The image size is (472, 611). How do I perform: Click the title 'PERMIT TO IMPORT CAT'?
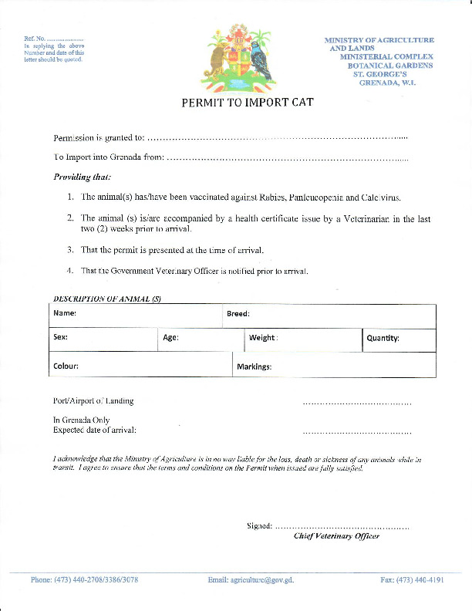[247, 103]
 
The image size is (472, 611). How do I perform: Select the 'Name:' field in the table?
[136, 316]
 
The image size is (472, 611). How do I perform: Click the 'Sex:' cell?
[103, 339]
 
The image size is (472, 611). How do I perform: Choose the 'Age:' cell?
[201, 339]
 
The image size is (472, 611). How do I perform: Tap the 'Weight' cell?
[303, 339]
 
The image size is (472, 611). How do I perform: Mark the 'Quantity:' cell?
[399, 339]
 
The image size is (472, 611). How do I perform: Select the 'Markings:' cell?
[333, 366]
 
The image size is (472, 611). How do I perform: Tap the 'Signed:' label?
[258, 525]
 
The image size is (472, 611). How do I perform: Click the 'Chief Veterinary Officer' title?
[336, 536]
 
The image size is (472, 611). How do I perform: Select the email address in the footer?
[251, 579]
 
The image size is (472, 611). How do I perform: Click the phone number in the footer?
[84, 579]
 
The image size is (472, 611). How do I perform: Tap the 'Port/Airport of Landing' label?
[93, 401]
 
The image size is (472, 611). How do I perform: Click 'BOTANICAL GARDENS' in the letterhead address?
[390, 66]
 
